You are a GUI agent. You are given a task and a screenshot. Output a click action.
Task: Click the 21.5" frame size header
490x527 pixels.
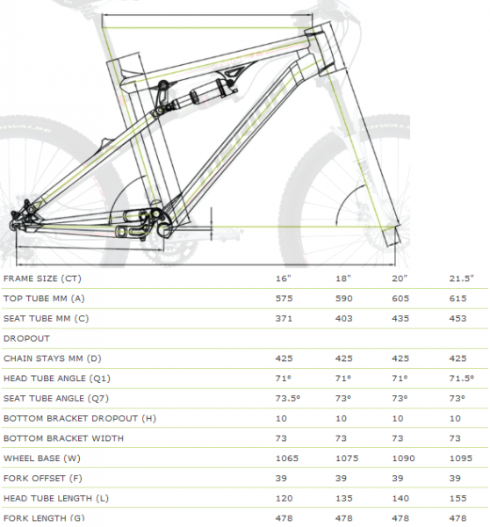click(x=461, y=278)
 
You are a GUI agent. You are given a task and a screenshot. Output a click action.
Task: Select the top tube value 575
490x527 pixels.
click(x=284, y=298)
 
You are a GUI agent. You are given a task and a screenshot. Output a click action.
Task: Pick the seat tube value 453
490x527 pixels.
click(x=458, y=318)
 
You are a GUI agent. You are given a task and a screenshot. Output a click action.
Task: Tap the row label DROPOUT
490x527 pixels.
click(x=26, y=338)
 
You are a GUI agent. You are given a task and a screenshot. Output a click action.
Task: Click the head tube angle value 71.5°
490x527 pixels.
click(x=461, y=378)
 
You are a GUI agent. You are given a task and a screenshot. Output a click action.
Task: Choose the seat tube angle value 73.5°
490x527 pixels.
click(x=288, y=398)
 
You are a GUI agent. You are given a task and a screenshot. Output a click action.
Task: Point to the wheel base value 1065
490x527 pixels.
click(x=286, y=458)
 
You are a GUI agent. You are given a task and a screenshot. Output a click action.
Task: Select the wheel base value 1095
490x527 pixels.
click(x=461, y=458)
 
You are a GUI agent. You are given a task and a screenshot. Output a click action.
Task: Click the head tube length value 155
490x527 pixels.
click(x=458, y=498)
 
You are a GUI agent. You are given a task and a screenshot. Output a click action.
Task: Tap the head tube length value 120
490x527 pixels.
click(x=284, y=498)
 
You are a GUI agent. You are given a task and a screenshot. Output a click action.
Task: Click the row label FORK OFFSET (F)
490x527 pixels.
click(x=43, y=478)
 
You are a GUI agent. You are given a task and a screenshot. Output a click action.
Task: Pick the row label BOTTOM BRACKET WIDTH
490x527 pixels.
click(x=63, y=438)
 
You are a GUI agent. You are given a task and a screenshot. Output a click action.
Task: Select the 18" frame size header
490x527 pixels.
click(x=342, y=278)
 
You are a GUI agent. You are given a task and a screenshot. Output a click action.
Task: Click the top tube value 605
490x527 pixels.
click(x=400, y=298)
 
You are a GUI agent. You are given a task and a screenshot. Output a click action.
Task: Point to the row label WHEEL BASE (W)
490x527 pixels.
click(x=42, y=458)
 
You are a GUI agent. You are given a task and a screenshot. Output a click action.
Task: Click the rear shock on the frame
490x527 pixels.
click(x=202, y=95)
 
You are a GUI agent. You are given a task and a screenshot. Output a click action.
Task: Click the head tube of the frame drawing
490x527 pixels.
click(x=325, y=47)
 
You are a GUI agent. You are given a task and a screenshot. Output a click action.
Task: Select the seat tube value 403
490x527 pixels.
click(x=344, y=318)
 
